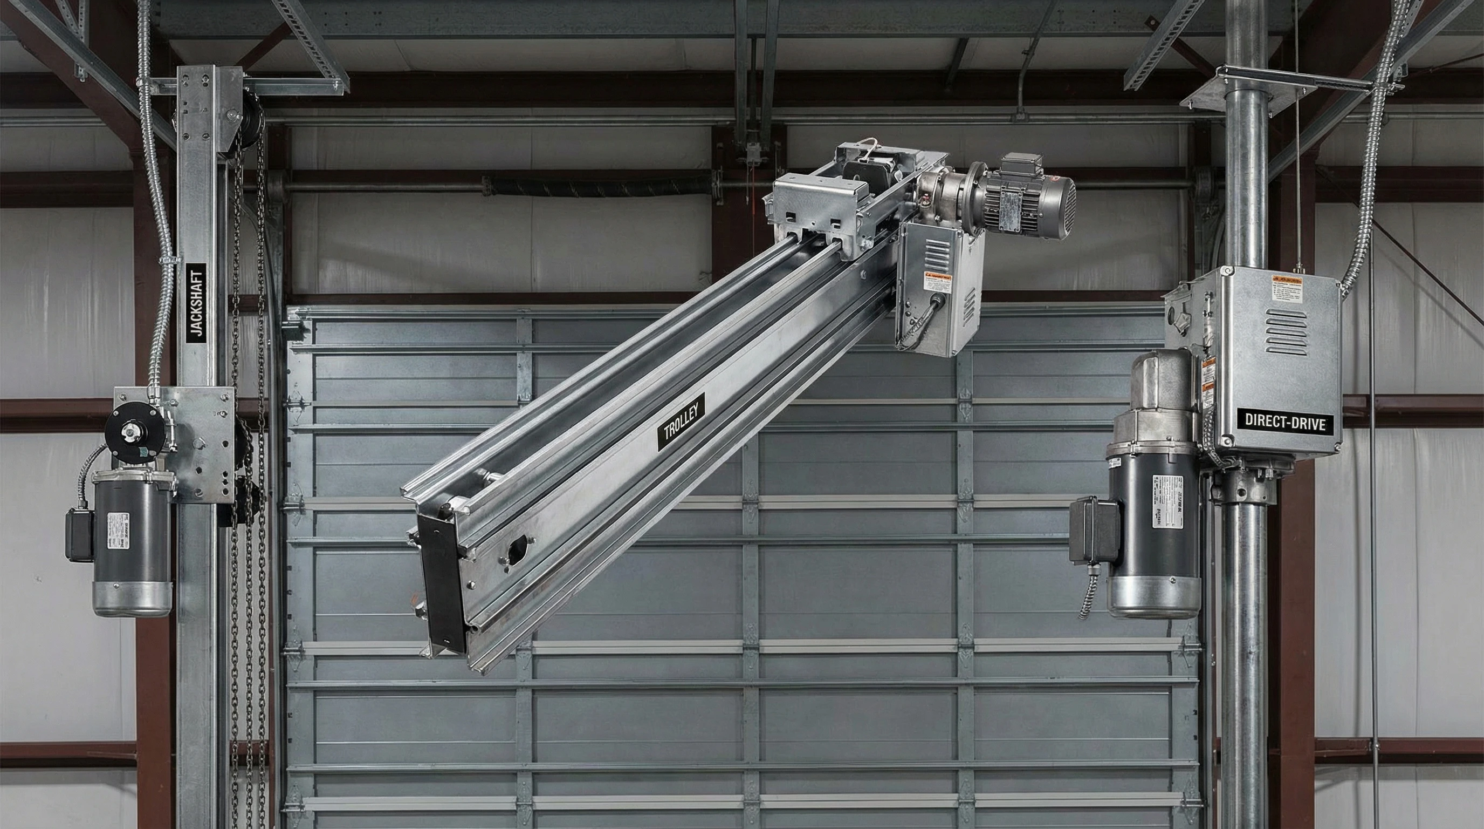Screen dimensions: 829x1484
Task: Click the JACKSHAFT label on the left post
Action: point(197,301)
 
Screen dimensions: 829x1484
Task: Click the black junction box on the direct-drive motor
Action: point(1094,531)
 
